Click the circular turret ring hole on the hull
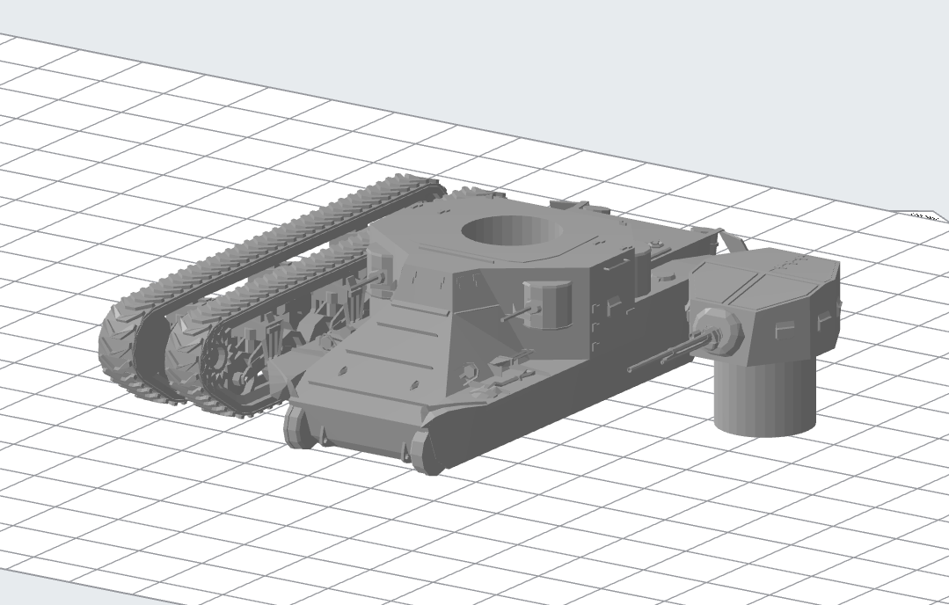[512, 232]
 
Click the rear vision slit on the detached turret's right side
[826, 320]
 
